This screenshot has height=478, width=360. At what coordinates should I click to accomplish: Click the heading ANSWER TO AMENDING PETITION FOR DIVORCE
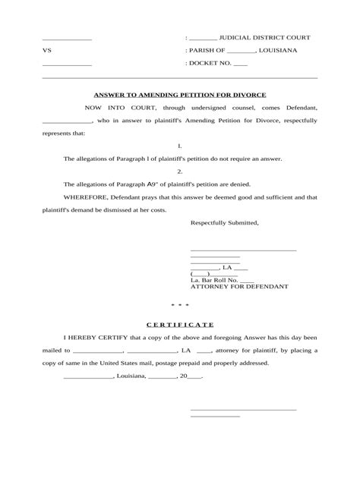pyautogui.click(x=179, y=96)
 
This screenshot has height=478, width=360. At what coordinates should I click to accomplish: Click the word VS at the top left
pyautogui.click(x=46, y=50)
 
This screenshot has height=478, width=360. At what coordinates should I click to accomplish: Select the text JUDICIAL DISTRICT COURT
pyautogui.click(x=264, y=37)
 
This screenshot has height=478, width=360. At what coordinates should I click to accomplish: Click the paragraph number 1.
pyautogui.click(x=179, y=146)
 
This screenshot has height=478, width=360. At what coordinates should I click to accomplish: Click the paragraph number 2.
pyautogui.click(x=179, y=171)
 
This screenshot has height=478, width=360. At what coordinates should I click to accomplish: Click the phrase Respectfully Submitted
pyautogui.click(x=224, y=223)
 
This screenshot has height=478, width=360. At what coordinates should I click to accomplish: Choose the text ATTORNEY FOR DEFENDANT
pyautogui.click(x=238, y=288)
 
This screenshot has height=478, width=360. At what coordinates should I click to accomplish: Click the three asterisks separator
pyautogui.click(x=179, y=306)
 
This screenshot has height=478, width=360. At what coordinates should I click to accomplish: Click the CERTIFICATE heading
pyautogui.click(x=179, y=324)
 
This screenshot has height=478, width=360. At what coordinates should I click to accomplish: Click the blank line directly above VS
pyautogui.click(x=67, y=39)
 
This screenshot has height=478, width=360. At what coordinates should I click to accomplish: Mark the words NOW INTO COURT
pyautogui.click(x=112, y=108)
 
